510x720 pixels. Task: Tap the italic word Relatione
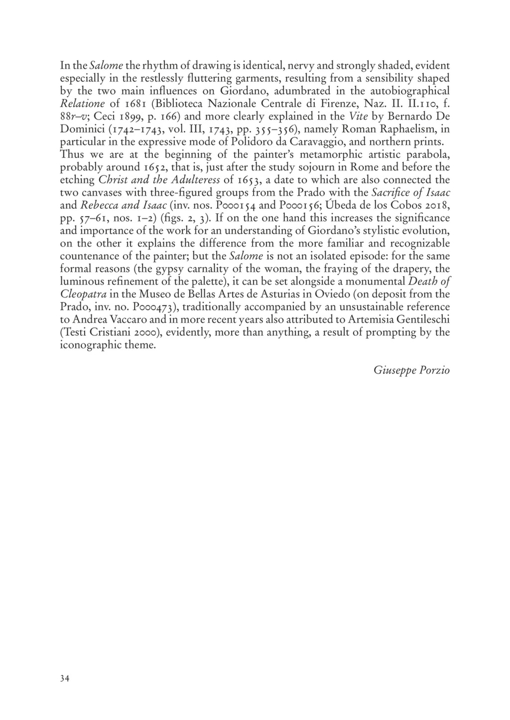pyautogui.click(x=82, y=104)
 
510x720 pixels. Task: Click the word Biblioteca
pyautogui.click(x=179, y=104)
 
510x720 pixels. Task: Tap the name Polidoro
pyautogui.click(x=253, y=142)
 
